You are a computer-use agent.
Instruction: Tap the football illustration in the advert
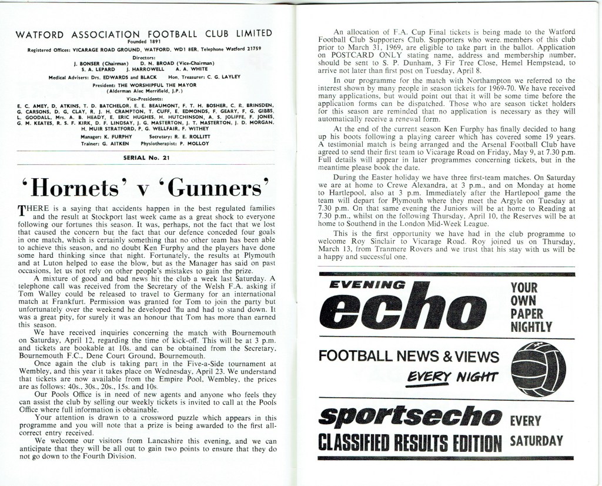point(539,364)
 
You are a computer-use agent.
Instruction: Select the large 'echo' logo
point(404,310)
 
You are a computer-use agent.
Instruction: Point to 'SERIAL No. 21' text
point(144,158)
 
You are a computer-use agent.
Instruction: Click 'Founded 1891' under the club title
point(144,42)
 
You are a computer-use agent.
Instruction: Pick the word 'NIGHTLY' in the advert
point(532,326)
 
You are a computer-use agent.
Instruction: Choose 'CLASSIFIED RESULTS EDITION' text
point(409,441)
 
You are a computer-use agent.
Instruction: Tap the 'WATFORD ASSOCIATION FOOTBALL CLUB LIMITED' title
point(144,33)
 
